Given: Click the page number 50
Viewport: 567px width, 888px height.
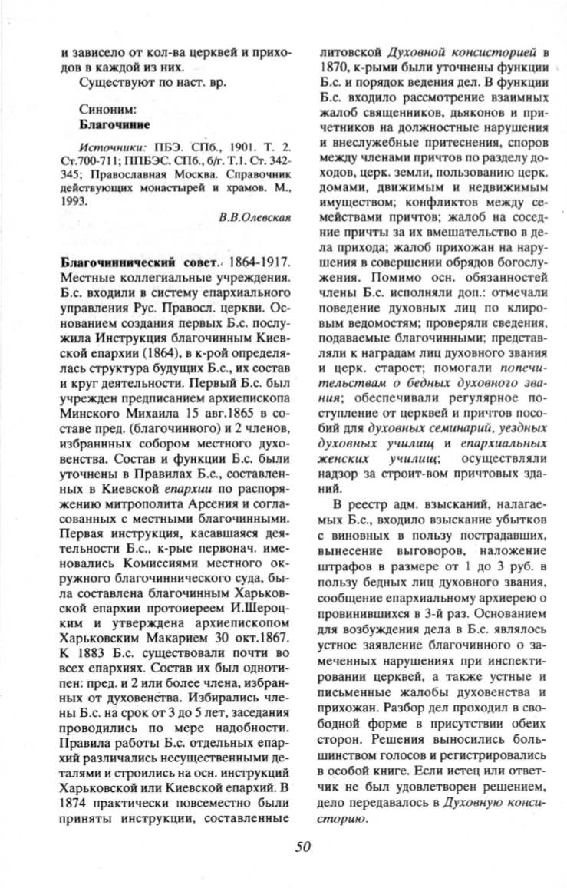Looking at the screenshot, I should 302,847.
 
